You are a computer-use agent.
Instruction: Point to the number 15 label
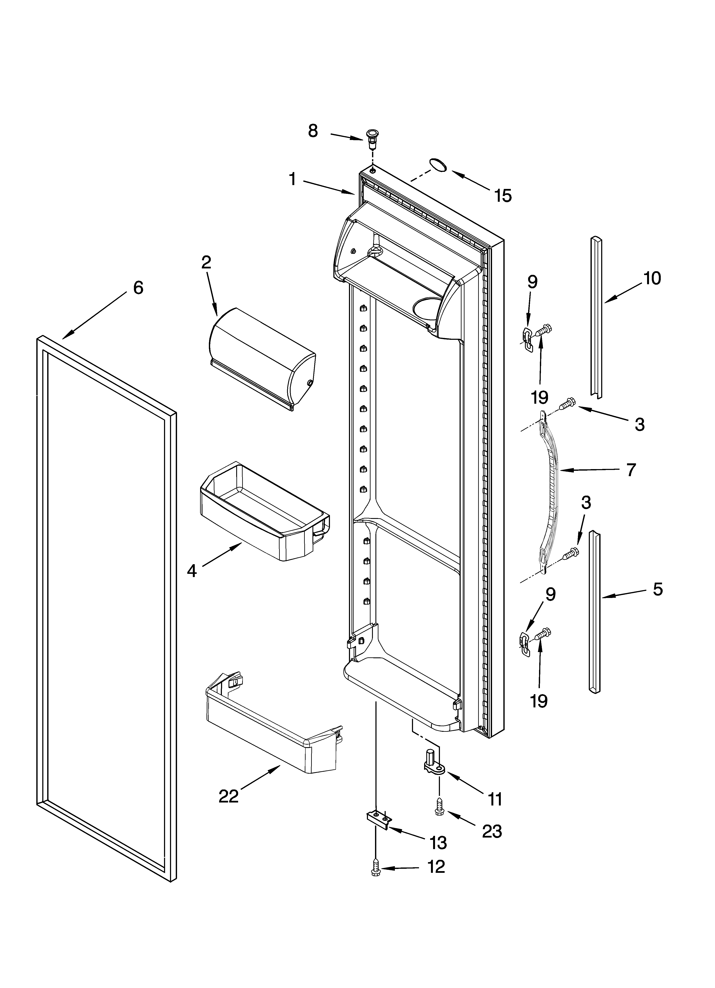click(x=503, y=196)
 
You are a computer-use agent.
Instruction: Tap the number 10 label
click(x=652, y=278)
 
